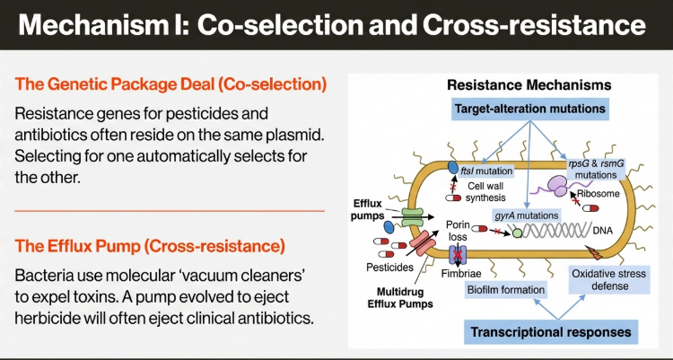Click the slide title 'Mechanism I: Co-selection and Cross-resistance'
pos(336,24)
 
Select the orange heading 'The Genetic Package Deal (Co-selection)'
pos(170,84)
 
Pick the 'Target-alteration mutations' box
pos(529,110)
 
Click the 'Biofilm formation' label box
pos(506,290)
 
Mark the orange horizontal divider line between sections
pos(170,209)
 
